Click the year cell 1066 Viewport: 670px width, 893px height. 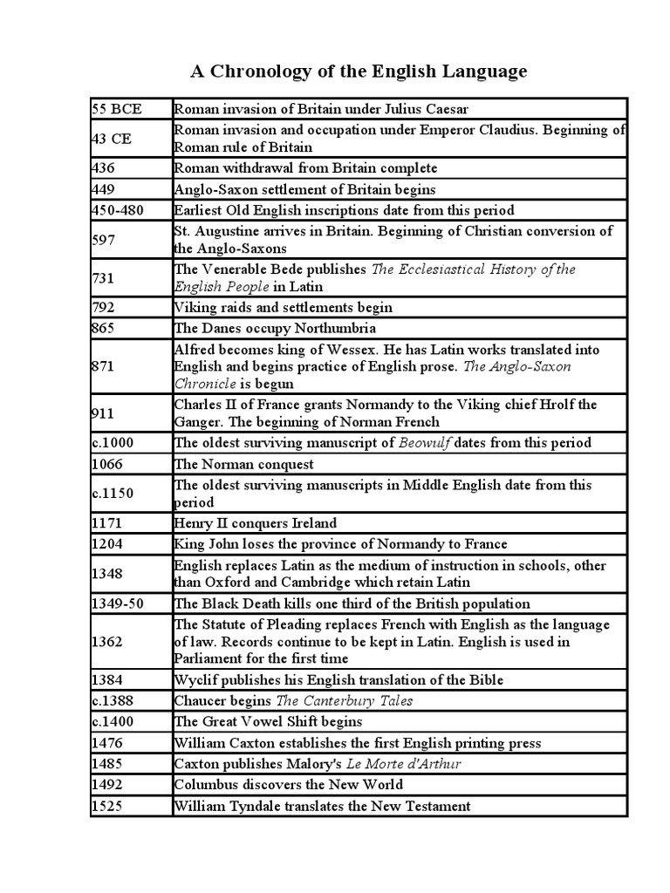tap(107, 464)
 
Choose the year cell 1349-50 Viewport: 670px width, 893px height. tap(121, 603)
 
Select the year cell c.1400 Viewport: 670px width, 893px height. tap(113, 722)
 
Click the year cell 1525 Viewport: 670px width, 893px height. tap(107, 806)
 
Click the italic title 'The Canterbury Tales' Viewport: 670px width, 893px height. tap(345, 701)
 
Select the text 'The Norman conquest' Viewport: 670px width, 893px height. tap(244, 464)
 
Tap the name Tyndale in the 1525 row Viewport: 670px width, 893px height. tap(258, 806)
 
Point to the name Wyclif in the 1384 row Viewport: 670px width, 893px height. tap(196, 680)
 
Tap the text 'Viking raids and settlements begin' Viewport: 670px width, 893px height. tap(284, 307)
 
